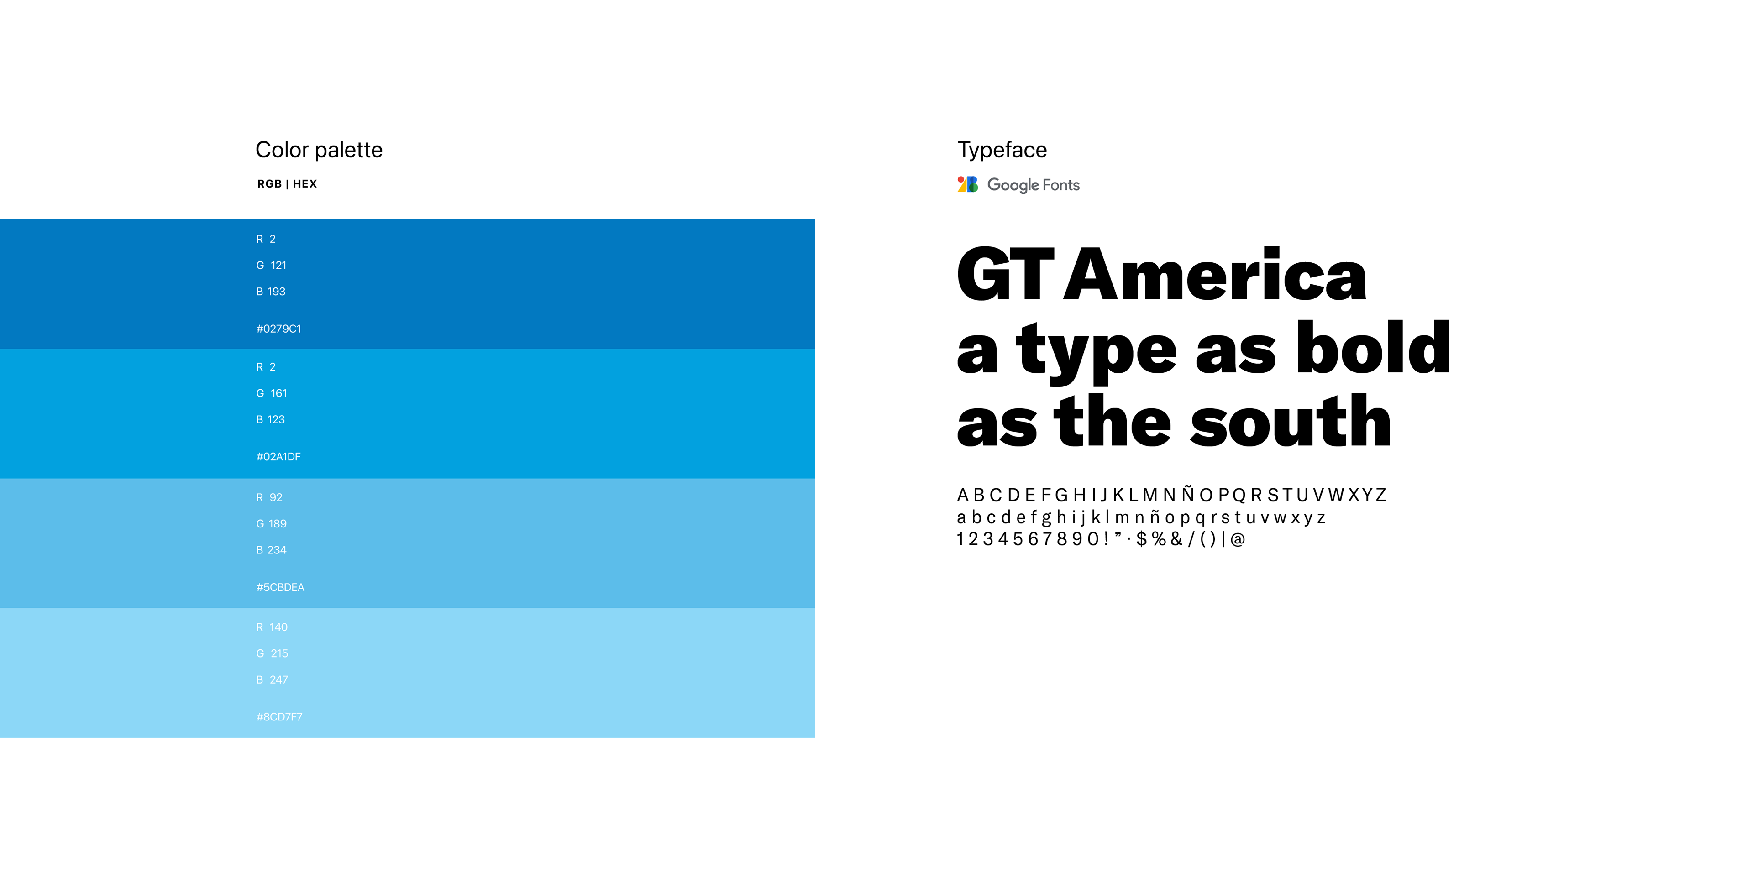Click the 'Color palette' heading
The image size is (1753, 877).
tap(319, 150)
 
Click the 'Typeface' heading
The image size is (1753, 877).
tap(1002, 150)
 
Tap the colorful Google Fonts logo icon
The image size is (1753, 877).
tap(967, 184)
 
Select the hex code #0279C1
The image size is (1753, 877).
tap(278, 329)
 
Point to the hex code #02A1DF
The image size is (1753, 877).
tap(278, 457)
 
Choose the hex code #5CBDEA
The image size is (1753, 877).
tap(280, 587)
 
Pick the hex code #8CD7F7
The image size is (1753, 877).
tap(279, 716)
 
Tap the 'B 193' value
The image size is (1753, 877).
tap(271, 291)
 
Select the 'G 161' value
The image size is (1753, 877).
tap(272, 393)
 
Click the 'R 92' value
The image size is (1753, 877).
tap(269, 497)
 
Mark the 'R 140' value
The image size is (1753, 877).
tap(272, 626)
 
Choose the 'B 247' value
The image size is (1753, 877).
tap(272, 680)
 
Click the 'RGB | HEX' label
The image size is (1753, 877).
tap(287, 184)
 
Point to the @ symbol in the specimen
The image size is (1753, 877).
tap(1238, 539)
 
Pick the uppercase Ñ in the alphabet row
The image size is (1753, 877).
tap(1187, 493)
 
